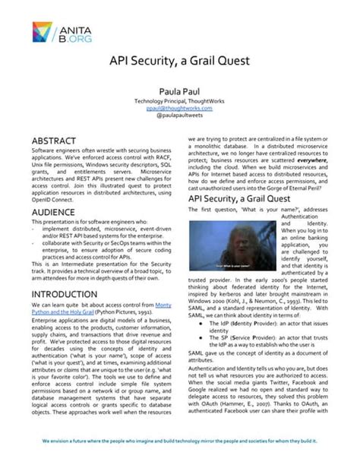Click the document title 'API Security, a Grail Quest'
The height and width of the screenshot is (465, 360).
179,60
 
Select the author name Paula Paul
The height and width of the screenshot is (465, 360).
179,91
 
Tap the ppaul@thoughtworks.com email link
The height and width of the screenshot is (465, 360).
179,109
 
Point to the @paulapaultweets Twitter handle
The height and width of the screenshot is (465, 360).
179,118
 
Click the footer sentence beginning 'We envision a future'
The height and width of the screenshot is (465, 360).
179,441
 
